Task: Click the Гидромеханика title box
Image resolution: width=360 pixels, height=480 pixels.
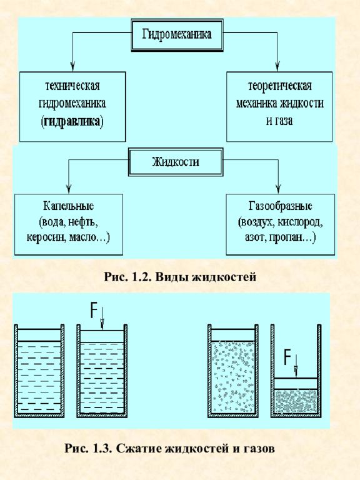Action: (x=177, y=34)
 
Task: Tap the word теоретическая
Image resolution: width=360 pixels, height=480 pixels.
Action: (x=279, y=86)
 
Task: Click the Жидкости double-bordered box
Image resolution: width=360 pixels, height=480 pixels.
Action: (x=176, y=162)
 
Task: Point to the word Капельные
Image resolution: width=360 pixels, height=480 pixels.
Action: (x=68, y=206)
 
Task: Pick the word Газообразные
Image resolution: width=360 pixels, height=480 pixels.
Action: (x=280, y=206)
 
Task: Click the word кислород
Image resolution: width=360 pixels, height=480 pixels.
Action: (x=300, y=222)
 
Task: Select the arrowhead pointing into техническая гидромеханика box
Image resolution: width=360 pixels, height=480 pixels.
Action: (x=72, y=67)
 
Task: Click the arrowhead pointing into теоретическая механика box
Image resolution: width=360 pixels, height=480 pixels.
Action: (x=277, y=67)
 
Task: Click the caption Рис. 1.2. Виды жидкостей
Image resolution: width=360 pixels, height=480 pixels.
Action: (x=180, y=277)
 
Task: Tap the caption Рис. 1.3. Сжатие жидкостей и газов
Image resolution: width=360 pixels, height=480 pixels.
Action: (x=169, y=449)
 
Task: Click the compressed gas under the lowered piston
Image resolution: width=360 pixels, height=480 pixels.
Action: (x=296, y=401)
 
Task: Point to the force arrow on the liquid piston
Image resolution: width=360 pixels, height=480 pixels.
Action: (x=102, y=319)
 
